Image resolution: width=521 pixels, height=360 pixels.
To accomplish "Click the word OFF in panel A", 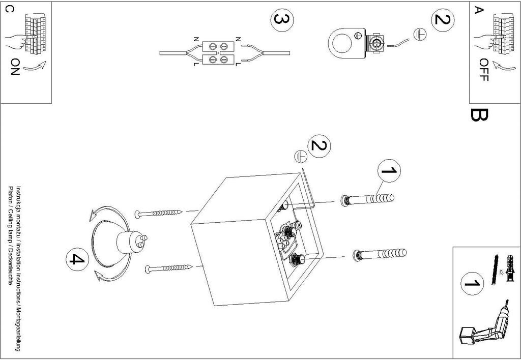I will click(484, 69).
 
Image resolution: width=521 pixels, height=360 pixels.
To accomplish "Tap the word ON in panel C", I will click(15, 66).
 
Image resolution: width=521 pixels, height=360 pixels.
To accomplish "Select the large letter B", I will click(479, 115).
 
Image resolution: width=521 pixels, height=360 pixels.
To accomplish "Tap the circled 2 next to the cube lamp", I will click(318, 146).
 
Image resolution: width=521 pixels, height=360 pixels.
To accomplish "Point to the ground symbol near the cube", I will click(300, 157).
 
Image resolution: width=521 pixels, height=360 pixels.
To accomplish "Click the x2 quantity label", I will click(501, 272).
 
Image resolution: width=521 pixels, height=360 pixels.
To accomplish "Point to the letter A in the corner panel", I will click(478, 10).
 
